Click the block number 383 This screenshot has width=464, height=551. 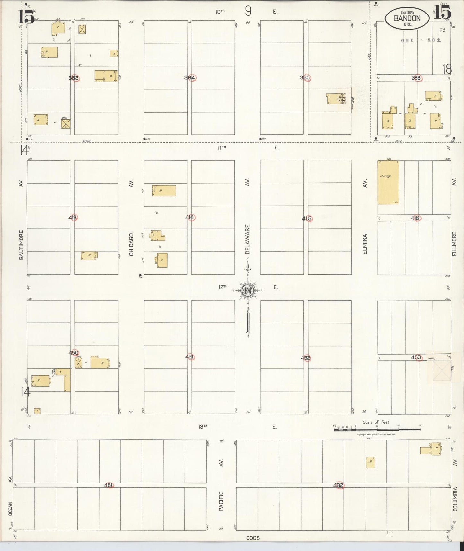pyautogui.click(x=74, y=78)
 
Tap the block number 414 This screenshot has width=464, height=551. pyautogui.click(x=190, y=217)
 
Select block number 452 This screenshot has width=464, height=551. pyautogui.click(x=306, y=358)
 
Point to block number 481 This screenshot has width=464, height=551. pyautogui.click(x=109, y=485)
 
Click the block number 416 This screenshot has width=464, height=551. pyautogui.click(x=415, y=218)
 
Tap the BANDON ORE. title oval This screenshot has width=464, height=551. pyautogui.click(x=407, y=18)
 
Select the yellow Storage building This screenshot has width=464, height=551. pyautogui.click(x=388, y=182)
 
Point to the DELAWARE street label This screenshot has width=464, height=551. pyautogui.click(x=247, y=239)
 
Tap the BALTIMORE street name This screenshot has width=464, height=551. pyautogui.click(x=21, y=245)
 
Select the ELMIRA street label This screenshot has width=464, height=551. pyautogui.click(x=365, y=244)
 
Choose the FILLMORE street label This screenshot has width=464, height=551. pyautogui.click(x=454, y=244)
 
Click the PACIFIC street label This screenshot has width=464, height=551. pyautogui.click(x=221, y=501)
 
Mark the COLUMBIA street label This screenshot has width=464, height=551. pyautogui.click(x=455, y=499)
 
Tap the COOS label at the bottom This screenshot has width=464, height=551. pyautogui.click(x=253, y=538)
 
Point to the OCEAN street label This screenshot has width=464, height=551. pyautogui.click(x=10, y=509)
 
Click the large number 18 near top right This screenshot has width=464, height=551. pyautogui.click(x=447, y=69)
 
